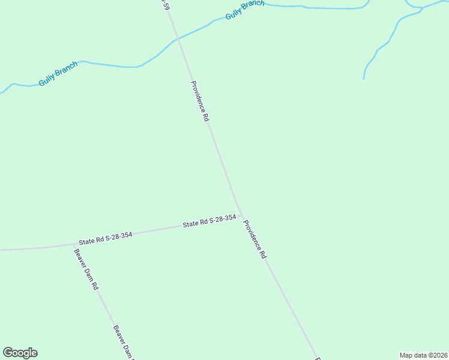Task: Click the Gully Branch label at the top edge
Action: click(245, 10)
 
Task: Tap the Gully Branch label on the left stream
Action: click(58, 74)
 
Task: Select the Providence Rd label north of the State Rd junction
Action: click(199, 101)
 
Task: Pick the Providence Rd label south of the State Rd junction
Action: click(255, 239)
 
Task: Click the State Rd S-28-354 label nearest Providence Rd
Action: click(209, 221)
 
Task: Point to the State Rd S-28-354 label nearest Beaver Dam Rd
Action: click(105, 238)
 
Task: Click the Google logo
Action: click(20, 353)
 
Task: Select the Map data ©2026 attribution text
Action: click(423, 355)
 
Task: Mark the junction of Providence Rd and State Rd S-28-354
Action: click(241, 214)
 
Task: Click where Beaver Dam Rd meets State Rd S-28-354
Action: click(74, 244)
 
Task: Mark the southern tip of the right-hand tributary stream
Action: click(364, 78)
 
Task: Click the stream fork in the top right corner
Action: click(422, 8)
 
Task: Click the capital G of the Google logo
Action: click(8, 353)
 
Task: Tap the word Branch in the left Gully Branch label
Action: click(66, 70)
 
